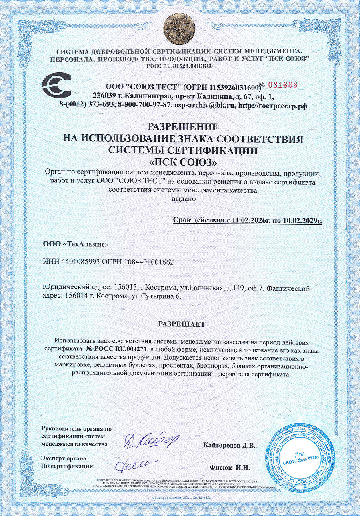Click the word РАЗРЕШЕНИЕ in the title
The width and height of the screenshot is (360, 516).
coord(183,127)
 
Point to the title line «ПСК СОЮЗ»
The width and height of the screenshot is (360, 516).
coord(183,162)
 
